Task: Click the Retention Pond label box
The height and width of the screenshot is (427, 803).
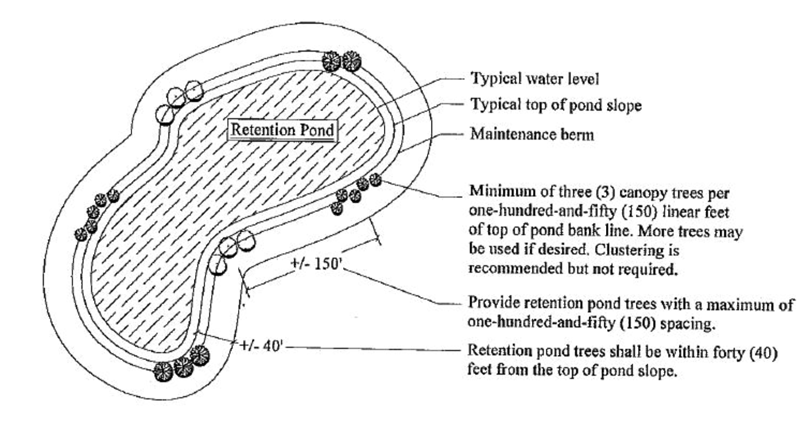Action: pos(281,130)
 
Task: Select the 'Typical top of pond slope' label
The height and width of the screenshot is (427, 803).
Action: pos(556,106)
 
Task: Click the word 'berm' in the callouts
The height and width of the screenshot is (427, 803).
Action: pos(578,135)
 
